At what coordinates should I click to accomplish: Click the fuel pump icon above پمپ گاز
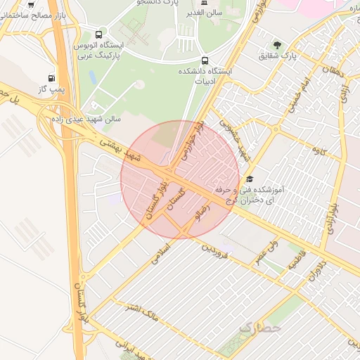click(51, 78)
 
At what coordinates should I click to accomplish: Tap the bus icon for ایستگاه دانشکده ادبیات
click(205, 60)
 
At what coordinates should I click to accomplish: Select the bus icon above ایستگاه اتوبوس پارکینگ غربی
click(99, 34)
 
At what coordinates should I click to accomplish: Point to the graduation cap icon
click(250, 179)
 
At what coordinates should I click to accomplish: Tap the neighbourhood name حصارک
click(259, 327)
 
